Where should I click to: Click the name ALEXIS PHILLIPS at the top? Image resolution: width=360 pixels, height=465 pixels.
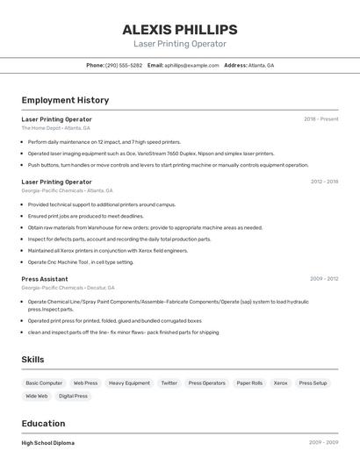click(179, 29)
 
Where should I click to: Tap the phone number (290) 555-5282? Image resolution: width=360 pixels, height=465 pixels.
click(124, 65)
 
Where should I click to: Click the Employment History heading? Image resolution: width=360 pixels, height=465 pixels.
click(65, 100)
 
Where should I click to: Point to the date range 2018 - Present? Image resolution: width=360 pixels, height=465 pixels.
click(320, 119)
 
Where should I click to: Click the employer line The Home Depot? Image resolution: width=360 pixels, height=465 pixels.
click(55, 128)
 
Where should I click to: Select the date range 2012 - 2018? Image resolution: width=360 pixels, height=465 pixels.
click(324, 182)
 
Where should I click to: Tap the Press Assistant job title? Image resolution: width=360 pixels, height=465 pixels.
click(45, 279)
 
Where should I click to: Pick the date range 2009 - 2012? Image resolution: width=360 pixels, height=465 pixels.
click(324, 279)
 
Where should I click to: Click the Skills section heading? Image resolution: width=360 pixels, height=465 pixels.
click(32, 360)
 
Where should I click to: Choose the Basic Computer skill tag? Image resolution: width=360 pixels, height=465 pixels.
click(44, 383)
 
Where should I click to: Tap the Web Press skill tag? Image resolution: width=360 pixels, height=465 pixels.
click(85, 383)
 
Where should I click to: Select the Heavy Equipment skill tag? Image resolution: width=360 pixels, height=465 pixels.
click(129, 383)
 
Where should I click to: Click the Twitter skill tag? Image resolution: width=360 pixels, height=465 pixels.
click(169, 383)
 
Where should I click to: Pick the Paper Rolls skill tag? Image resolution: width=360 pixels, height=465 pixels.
click(249, 383)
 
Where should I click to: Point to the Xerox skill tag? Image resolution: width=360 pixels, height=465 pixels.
click(280, 383)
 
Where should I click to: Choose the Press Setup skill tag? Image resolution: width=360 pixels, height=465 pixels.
click(313, 383)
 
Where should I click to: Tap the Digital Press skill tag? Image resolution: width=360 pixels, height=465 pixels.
click(73, 397)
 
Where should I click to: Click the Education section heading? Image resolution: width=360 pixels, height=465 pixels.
click(43, 423)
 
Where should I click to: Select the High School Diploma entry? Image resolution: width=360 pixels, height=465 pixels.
click(48, 443)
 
